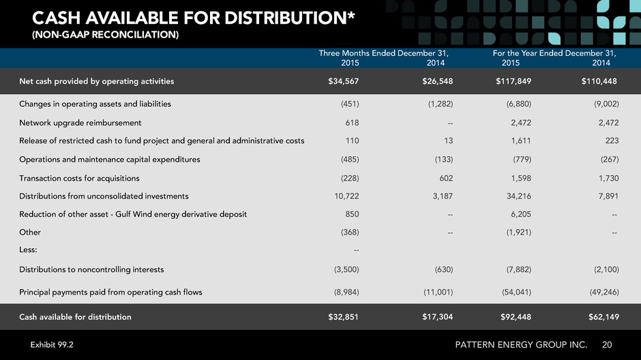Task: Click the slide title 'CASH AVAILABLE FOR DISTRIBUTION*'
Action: point(194,18)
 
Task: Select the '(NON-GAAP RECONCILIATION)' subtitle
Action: point(106,35)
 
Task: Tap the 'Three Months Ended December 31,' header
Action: point(383,53)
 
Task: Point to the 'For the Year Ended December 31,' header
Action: point(554,53)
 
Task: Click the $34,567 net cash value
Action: point(344,81)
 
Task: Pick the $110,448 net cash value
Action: point(599,81)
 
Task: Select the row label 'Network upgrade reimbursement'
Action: point(80,123)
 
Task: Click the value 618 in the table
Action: point(352,123)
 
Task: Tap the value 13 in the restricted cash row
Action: point(449,140)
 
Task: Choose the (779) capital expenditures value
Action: point(522,160)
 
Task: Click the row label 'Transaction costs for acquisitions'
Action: point(79,178)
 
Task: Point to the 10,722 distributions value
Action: point(346,196)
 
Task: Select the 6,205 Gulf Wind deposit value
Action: point(521,214)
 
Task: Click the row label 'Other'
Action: point(30,232)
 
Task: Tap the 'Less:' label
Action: point(28,250)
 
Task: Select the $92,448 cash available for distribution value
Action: point(516,316)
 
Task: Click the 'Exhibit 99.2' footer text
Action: point(52,344)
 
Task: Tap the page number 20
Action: point(607,344)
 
